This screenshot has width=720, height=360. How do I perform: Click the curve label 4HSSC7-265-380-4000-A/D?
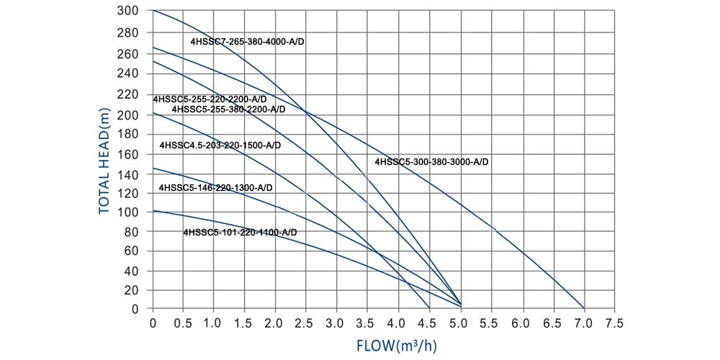pyautogui.click(x=248, y=42)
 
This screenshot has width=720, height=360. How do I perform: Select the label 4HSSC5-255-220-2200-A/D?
pyautogui.click(x=210, y=99)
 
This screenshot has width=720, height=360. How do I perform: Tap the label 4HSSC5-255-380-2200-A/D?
pyautogui.click(x=228, y=109)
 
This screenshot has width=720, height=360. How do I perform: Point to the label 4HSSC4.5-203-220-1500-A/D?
pyautogui.click(x=220, y=145)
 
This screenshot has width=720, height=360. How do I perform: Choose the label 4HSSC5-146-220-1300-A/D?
pyautogui.click(x=215, y=188)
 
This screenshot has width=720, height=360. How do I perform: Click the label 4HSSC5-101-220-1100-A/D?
pyautogui.click(x=240, y=233)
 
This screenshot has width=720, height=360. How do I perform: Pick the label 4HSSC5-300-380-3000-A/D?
pyautogui.click(x=431, y=163)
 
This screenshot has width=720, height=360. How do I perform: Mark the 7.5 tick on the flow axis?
pyautogui.click(x=614, y=324)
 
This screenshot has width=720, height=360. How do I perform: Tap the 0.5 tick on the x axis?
pyautogui.click(x=184, y=324)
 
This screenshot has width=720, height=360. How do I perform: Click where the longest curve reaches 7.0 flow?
pyautogui.click(x=583, y=308)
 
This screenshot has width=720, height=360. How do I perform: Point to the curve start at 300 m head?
pyautogui.click(x=153, y=11)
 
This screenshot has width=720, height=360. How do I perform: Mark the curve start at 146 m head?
pyautogui.click(x=153, y=168)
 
